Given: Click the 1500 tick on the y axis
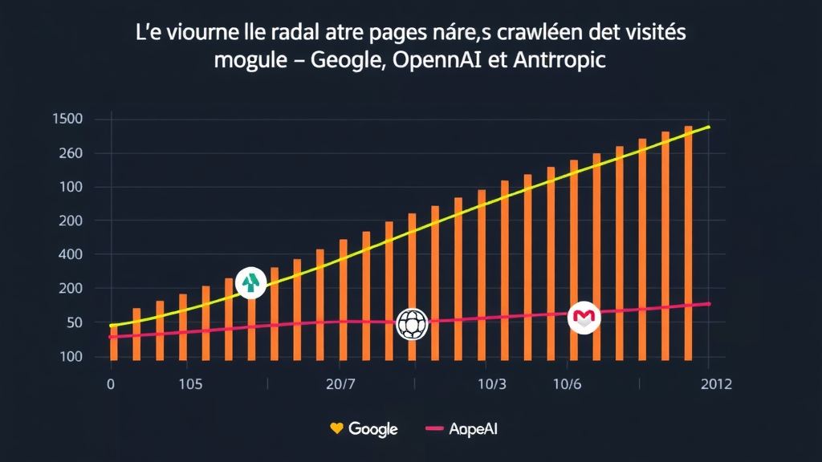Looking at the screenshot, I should [x=67, y=120].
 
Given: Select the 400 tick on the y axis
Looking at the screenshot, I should [x=69, y=254].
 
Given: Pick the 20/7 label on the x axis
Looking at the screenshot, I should [x=341, y=384].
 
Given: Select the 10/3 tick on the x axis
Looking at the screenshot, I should [x=491, y=384].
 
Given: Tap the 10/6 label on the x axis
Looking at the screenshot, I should [x=567, y=384].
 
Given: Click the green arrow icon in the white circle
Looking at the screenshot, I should [x=252, y=282].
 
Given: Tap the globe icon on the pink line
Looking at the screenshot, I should [x=413, y=324].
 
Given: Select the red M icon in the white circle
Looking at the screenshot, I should [x=584, y=318].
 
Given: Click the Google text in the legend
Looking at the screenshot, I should [x=373, y=429].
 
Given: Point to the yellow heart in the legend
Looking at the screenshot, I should [x=337, y=428].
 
